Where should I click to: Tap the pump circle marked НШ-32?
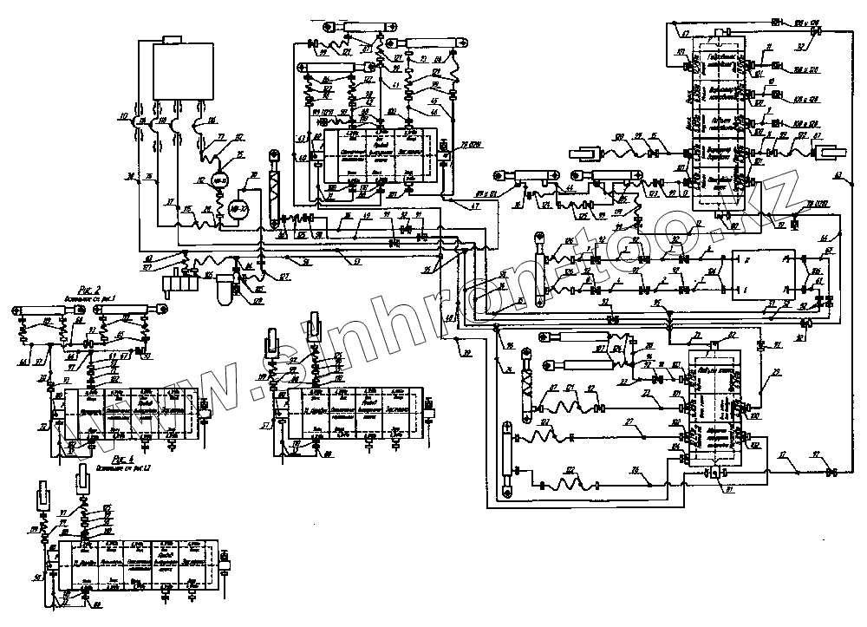tap(218, 180)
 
